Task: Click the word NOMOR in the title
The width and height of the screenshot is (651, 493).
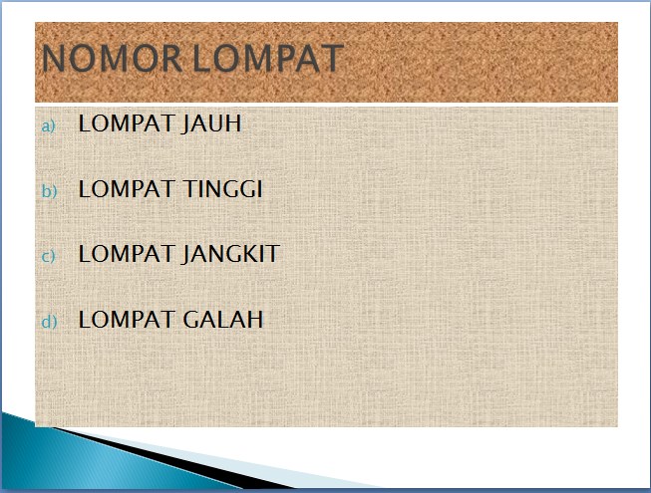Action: [112, 58]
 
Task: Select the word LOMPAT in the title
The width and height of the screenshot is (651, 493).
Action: [268, 58]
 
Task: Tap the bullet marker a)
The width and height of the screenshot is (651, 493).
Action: [48, 125]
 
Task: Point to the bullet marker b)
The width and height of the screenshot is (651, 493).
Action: [49, 190]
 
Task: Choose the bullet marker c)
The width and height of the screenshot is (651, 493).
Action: [48, 256]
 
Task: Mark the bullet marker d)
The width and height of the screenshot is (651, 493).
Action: [49, 321]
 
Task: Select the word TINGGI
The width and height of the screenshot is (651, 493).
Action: [222, 188]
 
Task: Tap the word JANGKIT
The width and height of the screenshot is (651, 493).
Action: [231, 254]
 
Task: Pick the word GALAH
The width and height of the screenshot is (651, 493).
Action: [223, 320]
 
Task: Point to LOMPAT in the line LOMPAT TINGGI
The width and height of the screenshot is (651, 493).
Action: [127, 188]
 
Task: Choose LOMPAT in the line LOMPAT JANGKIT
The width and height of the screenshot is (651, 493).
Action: [127, 254]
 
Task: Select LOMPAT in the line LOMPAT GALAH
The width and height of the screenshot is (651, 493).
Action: [127, 320]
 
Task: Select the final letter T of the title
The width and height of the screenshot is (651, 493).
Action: [332, 58]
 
